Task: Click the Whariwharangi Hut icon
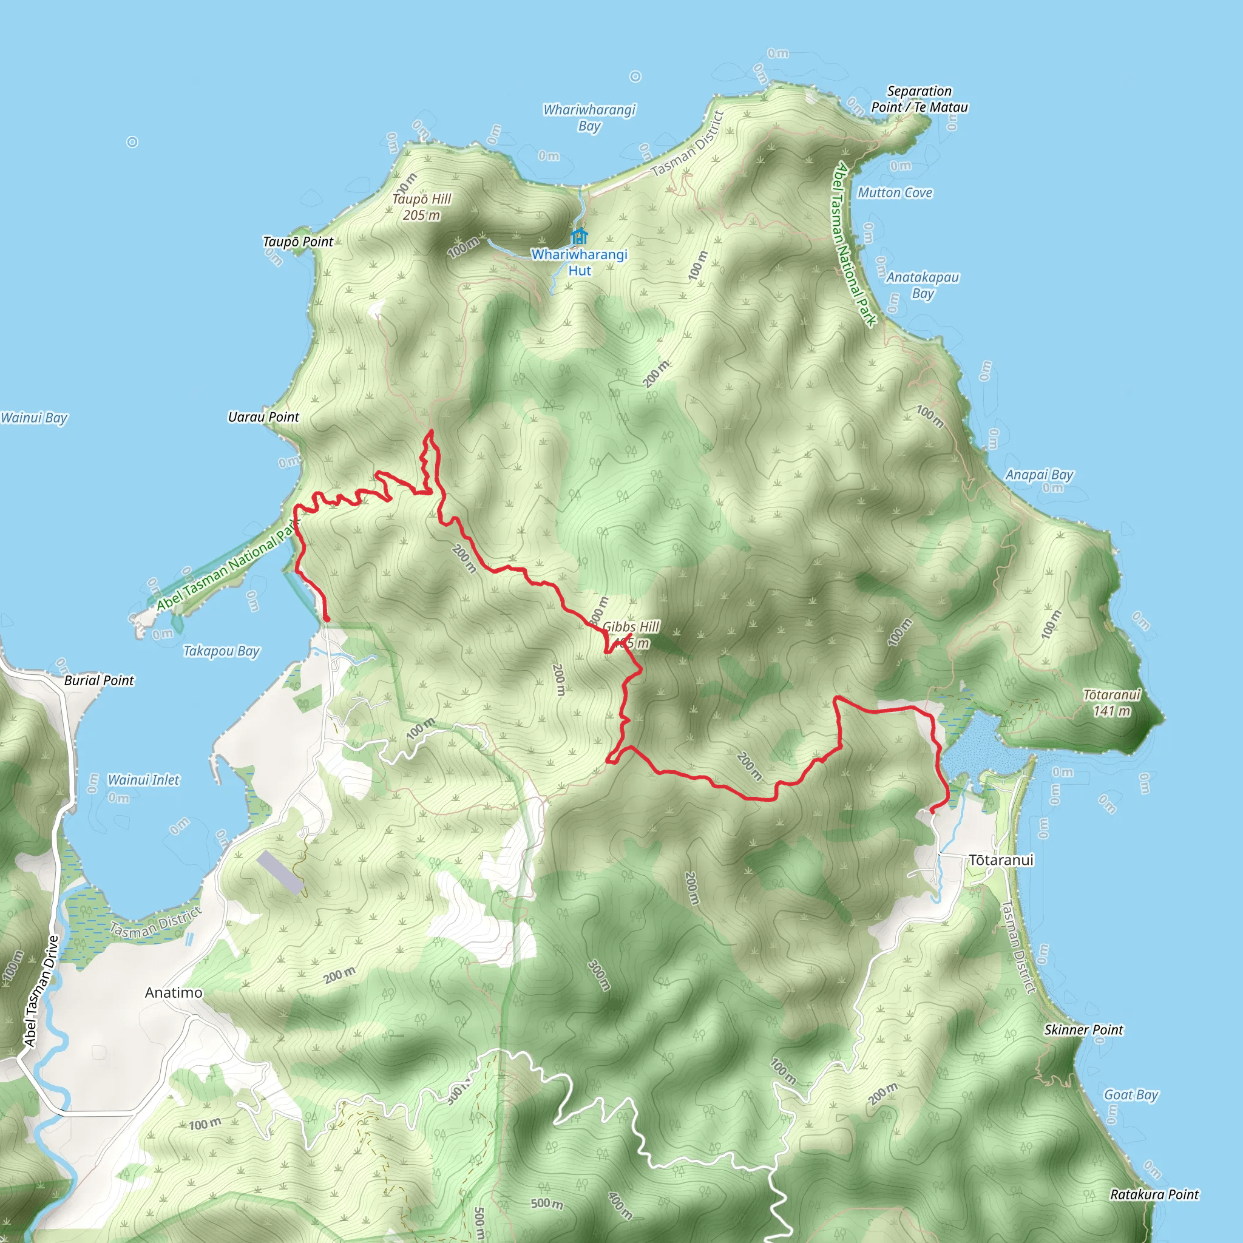pos(580,235)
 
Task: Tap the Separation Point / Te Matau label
pos(920,99)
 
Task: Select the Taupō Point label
pos(298,242)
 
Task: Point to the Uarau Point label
pos(264,417)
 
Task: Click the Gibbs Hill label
pos(631,626)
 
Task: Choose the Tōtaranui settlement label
pos(1001,860)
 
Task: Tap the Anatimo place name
pos(174,993)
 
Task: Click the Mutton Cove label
pos(895,192)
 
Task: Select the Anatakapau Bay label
pos(923,285)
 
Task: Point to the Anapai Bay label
pos(1039,475)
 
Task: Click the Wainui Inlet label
pos(143,780)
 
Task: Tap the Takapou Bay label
pos(222,651)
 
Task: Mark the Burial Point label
pos(99,680)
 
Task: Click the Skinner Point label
pos(1083,1030)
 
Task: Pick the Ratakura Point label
pos(1155,1194)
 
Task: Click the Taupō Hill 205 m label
pos(422,207)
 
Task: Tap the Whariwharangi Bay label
pos(589,117)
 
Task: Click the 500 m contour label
pos(547,1204)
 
